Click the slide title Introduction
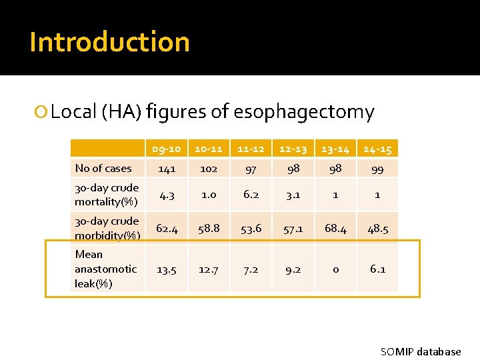(x=110, y=42)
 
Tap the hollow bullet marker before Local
(x=42, y=112)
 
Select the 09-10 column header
(x=166, y=149)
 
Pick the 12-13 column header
(x=293, y=149)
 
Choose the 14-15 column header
(x=377, y=149)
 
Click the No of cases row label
(x=103, y=169)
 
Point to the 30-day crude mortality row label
(x=107, y=195)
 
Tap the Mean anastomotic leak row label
(x=105, y=269)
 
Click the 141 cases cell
(x=166, y=169)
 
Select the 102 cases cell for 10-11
(x=209, y=169)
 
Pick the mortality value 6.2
(x=251, y=195)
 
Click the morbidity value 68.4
(x=335, y=229)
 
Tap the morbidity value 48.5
(x=377, y=229)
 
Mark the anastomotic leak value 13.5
(x=166, y=269)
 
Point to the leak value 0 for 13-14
(x=335, y=269)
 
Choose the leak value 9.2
(x=293, y=269)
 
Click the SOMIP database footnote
(x=420, y=351)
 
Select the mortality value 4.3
(x=166, y=195)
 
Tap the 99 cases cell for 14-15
(x=377, y=169)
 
